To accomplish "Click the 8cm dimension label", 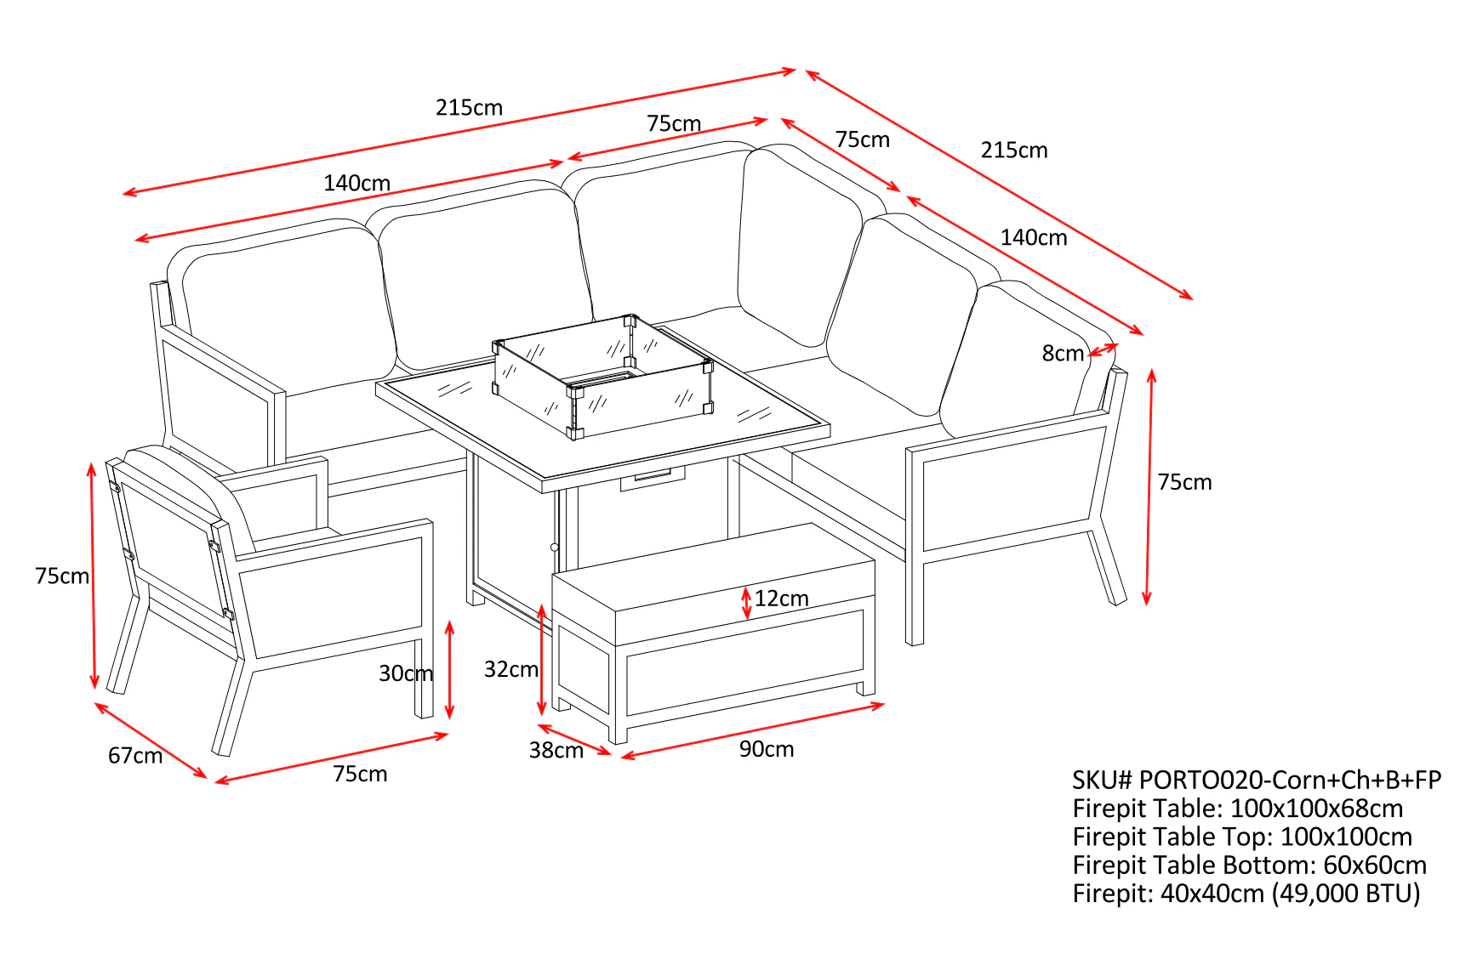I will [x=1062, y=353].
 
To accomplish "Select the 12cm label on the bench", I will [x=781, y=599].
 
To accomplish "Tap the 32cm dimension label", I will [x=510, y=669].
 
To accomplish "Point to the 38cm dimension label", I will [x=556, y=750].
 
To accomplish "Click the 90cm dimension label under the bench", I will [x=766, y=749].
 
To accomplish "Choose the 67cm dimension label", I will [x=134, y=755].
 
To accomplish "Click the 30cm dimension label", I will [x=405, y=673].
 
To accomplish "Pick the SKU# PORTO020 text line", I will [x=1256, y=780].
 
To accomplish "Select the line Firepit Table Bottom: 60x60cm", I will [x=1249, y=866].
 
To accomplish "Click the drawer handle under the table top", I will [x=653, y=477].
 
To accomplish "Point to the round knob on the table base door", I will [x=555, y=548].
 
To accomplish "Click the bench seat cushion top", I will [x=713, y=565].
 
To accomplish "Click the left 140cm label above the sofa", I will [x=356, y=183].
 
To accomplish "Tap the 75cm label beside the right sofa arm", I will [x=1183, y=482].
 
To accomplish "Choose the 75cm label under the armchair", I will [x=360, y=774].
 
